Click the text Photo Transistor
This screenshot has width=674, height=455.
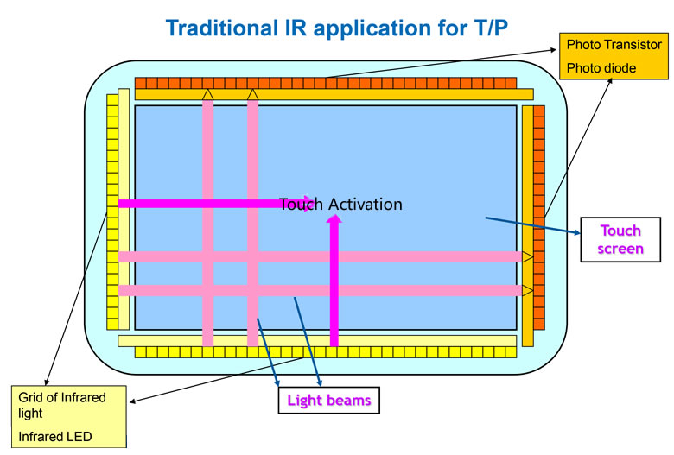coord(614,44)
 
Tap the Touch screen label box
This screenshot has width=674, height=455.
coord(621,239)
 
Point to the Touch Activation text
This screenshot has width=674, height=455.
coord(340,205)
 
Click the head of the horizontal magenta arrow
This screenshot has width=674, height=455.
coord(307,204)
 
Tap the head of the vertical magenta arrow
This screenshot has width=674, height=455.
coord(334,221)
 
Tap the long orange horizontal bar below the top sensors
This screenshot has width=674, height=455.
coord(334,94)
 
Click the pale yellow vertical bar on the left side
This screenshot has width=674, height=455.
coord(124,207)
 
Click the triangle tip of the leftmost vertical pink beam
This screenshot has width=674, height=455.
coord(207,93)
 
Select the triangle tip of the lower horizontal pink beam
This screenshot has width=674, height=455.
coord(526,290)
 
